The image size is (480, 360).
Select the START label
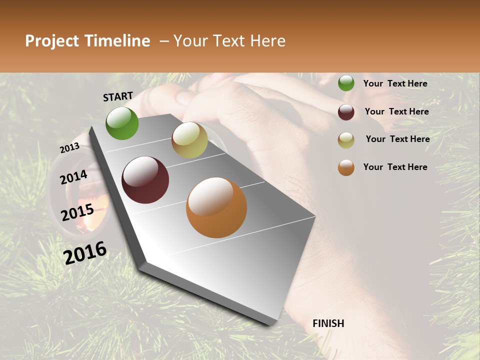(118, 96)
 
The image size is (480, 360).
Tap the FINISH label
(328, 323)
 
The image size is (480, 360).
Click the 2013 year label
(69, 148)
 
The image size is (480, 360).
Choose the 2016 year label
(85, 252)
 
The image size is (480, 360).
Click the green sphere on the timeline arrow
(122, 123)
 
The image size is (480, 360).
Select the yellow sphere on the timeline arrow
(189, 140)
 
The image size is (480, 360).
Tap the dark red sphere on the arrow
(145, 180)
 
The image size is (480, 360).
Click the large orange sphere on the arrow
(216, 207)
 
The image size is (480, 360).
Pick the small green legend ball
(346, 83)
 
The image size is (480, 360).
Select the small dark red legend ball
(346, 112)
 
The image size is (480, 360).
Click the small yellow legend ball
(346, 140)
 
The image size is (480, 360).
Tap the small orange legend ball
(346, 167)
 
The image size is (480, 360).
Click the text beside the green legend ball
(395, 83)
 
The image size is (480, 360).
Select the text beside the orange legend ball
(395, 167)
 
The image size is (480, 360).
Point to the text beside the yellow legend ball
(397, 139)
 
